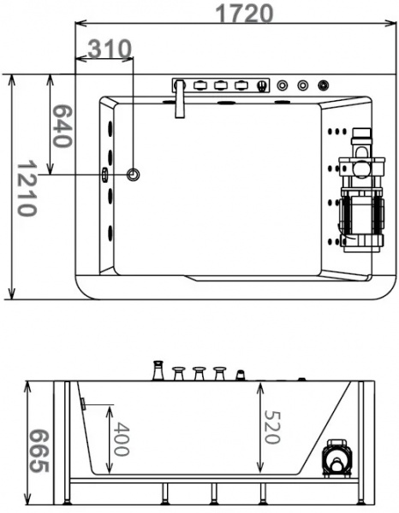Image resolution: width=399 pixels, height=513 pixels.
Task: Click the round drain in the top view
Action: coord(133,174)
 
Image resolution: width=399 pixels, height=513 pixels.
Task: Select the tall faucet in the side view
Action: coord(158,370)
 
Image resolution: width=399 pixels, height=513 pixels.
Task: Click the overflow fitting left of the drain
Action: coord(104,175)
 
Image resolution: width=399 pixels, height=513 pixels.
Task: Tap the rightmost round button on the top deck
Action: coord(323,85)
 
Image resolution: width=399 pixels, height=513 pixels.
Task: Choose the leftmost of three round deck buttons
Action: coord(283,85)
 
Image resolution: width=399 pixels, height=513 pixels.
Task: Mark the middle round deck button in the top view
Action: coord(302,85)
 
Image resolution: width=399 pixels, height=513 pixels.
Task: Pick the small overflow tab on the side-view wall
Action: coord(83,402)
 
